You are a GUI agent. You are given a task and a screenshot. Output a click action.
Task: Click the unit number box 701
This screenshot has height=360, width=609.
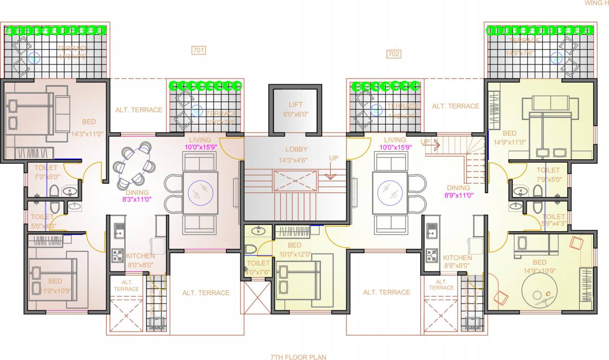coord(199,50)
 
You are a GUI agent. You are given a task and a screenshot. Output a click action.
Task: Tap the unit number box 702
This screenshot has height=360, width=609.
coord(394,54)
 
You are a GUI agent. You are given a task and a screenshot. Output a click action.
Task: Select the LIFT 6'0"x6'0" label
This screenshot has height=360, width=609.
coord(295,109)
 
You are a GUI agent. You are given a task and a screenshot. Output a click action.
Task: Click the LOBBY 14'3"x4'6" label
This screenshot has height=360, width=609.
coord(297,154)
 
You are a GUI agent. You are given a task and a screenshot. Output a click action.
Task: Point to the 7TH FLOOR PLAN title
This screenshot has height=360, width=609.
coord(298,357)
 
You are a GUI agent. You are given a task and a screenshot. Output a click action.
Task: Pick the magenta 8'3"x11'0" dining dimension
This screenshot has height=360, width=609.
coord(137,199)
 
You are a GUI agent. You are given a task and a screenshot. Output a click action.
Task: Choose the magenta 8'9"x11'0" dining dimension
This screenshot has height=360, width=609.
coord(458,194)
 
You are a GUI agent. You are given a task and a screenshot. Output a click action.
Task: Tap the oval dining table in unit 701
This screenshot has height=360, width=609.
coord(134,166)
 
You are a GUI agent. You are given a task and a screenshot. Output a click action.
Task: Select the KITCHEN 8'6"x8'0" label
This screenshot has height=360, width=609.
coord(457,261)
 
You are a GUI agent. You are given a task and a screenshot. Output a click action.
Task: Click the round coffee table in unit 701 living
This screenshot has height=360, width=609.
coord(200,192)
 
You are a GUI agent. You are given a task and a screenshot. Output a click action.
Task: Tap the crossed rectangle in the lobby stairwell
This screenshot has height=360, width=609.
coord(295,181)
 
